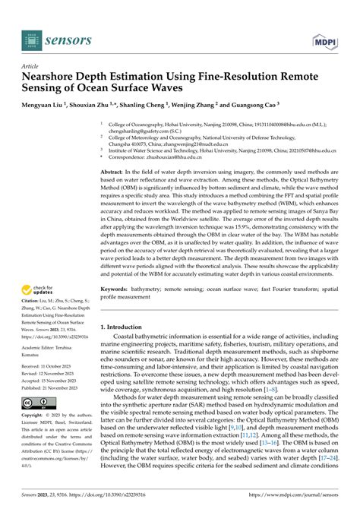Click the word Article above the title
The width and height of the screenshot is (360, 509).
pos(33,66)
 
